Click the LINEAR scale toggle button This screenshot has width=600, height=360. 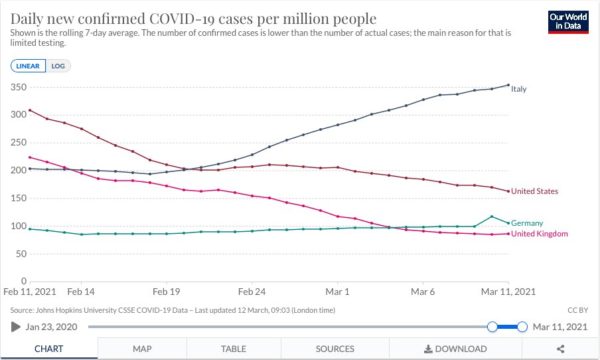tap(28, 66)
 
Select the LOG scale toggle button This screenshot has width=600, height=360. tap(58, 66)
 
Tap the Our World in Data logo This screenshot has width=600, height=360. tap(568, 22)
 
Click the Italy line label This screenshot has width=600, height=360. tap(519, 89)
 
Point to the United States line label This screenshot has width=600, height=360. tap(534, 191)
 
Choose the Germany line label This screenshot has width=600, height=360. tap(527, 223)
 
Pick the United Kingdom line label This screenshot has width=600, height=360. tap(540, 234)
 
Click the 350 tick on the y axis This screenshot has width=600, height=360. tap(19, 87)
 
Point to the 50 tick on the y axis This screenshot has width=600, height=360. tap(21, 254)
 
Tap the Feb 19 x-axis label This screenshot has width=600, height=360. tap(166, 292)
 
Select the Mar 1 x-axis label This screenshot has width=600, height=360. tap(337, 292)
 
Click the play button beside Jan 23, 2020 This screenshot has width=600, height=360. tap(16, 327)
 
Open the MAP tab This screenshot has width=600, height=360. tap(142, 349)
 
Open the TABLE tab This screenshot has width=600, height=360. tap(234, 349)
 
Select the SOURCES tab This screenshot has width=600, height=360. tap(335, 349)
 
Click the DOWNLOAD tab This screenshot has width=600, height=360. tap(455, 349)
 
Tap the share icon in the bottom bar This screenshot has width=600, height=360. tap(561, 349)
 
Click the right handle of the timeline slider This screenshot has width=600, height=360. tap(522, 327)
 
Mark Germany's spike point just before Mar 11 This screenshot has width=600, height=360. tap(492, 217)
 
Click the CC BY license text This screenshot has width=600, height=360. tap(578, 310)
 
